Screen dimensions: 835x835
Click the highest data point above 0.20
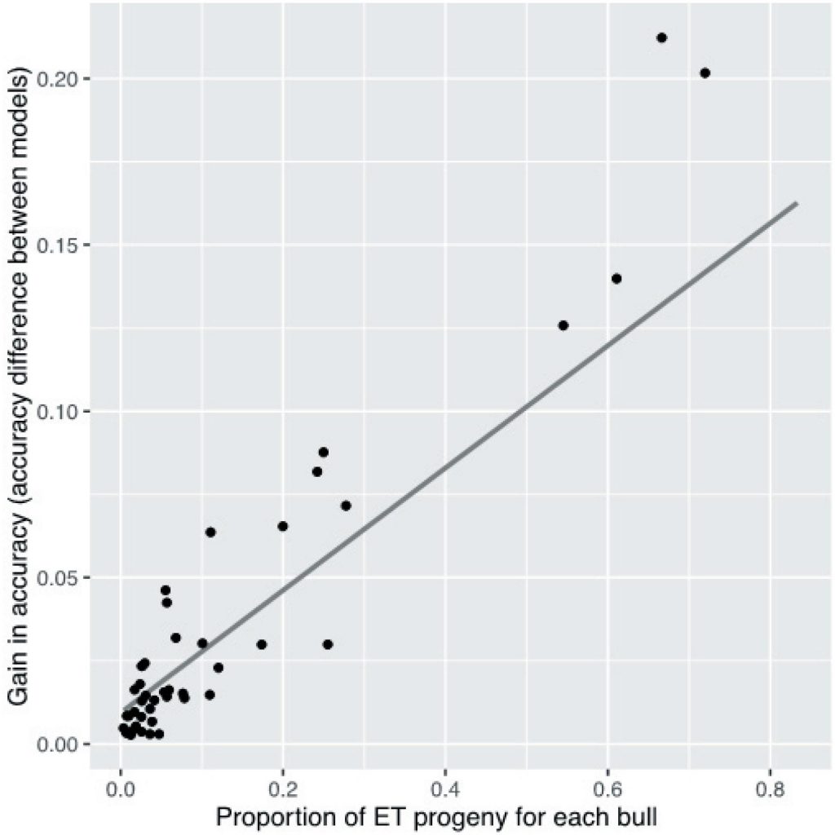click(661, 38)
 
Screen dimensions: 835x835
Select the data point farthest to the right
click(705, 73)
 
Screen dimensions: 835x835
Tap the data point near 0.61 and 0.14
click(616, 278)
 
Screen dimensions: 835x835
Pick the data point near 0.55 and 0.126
click(563, 325)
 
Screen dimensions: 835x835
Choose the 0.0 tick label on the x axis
click(121, 790)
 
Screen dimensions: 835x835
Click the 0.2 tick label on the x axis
click(283, 790)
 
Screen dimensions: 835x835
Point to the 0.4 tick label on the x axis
click(445, 790)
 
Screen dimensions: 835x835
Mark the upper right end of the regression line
click(796, 203)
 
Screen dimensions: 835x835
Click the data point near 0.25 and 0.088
click(323, 452)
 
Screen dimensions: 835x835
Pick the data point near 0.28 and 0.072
click(346, 506)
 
